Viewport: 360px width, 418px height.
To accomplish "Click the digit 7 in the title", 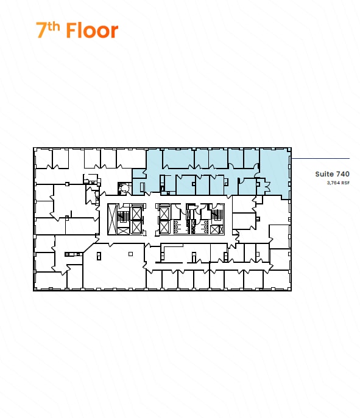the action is pyautogui.click(x=41, y=30).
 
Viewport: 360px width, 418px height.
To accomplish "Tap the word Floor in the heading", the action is pyautogui.click(x=92, y=30).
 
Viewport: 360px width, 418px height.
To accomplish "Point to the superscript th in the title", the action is pyautogui.click(x=54, y=27).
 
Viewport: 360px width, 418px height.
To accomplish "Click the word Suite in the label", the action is pyautogui.click(x=324, y=174).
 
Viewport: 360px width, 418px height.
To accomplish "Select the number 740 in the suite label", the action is pyautogui.click(x=343, y=174).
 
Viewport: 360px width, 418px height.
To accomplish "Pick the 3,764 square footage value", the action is pyautogui.click(x=333, y=183).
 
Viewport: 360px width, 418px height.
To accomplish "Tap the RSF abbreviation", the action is pyautogui.click(x=345, y=183).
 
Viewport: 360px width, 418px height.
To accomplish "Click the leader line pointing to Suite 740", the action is pyautogui.click(x=320, y=158).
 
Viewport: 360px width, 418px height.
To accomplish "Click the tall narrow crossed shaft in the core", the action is pyautogui.click(x=112, y=219).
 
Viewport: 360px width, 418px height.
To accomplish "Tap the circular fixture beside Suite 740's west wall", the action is pyautogui.click(x=125, y=189).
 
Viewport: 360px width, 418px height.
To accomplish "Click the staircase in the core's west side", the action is pyautogui.click(x=123, y=217).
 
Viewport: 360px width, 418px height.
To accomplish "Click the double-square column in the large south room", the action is pyautogui.click(x=99, y=256).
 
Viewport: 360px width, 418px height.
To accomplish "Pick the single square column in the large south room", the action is pyautogui.click(x=130, y=254).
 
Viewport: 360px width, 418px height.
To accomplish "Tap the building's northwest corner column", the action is pyautogui.click(x=35, y=149).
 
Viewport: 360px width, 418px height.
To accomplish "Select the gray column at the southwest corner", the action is pyautogui.click(x=35, y=289).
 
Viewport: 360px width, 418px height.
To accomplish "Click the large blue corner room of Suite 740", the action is pyautogui.click(x=275, y=173).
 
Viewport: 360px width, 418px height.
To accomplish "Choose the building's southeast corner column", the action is pyautogui.click(x=289, y=289).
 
